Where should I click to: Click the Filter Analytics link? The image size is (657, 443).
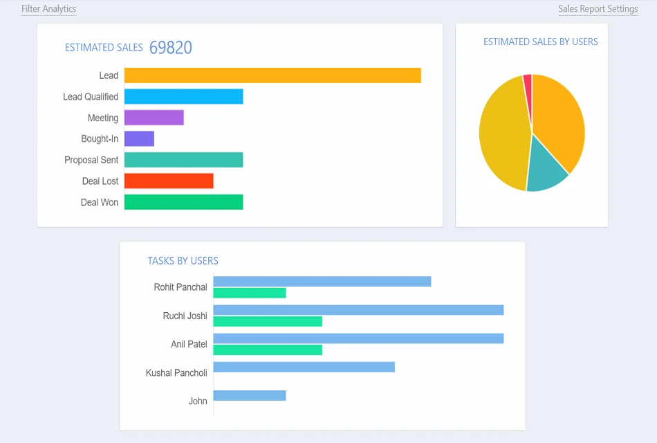[48, 9]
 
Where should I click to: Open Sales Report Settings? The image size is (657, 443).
[598, 9]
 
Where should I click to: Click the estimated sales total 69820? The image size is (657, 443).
[171, 47]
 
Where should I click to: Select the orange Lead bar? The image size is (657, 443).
[272, 75]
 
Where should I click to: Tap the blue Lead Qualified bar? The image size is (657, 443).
[183, 96]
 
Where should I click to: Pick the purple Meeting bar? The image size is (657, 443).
[154, 118]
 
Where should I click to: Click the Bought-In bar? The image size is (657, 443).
[139, 138]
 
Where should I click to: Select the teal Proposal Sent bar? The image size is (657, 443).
[183, 160]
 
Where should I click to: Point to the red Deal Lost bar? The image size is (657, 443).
[169, 181]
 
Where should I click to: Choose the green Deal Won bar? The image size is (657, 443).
[183, 202]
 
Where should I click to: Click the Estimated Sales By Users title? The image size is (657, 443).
[540, 42]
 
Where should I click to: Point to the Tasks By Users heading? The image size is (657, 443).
[183, 261]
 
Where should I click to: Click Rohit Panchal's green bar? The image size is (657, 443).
[249, 293]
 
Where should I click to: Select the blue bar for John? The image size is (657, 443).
[249, 395]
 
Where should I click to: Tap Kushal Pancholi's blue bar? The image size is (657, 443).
[304, 367]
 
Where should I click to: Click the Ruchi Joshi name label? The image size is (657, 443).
[185, 316]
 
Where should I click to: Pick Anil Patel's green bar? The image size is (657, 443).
[268, 350]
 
